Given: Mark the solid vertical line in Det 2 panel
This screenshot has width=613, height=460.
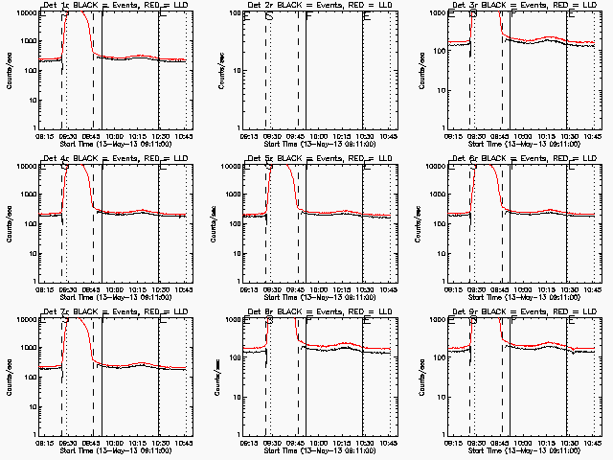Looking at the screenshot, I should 362,72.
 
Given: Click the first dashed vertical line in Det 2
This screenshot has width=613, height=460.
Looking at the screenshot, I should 265,72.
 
